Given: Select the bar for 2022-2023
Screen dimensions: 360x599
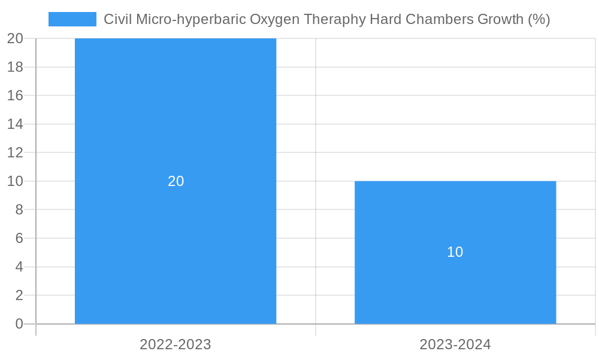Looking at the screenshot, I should (176, 120).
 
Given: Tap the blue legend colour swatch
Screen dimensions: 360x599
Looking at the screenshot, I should (72, 19).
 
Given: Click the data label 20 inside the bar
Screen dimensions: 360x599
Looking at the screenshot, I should (176, 181).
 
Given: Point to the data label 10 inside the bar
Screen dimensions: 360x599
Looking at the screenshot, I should (455, 252).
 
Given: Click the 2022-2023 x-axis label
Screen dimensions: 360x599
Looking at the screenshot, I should (176, 344).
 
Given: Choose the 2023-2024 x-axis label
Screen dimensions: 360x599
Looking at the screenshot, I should (455, 344).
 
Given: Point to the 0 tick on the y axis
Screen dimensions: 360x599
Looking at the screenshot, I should (19, 324).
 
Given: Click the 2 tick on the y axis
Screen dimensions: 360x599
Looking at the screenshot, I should (19, 295).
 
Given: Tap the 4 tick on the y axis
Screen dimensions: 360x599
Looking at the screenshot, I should (19, 267).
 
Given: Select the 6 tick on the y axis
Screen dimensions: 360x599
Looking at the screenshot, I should (19, 238).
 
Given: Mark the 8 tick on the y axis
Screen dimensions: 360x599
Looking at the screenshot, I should (19, 209).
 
